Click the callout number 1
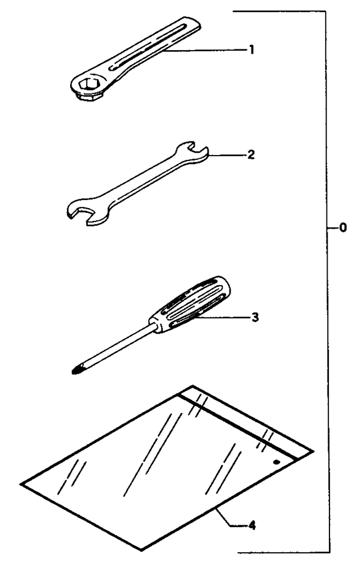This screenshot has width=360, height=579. tap(251, 49)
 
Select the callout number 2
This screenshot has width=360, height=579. tap(251, 155)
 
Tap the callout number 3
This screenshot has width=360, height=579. tap(255, 317)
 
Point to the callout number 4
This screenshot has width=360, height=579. tap(252, 525)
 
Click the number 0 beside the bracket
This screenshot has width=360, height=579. tap(343, 228)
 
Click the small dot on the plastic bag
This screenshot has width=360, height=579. tap(276, 462)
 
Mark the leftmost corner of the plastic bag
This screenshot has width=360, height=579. tap(21, 484)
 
